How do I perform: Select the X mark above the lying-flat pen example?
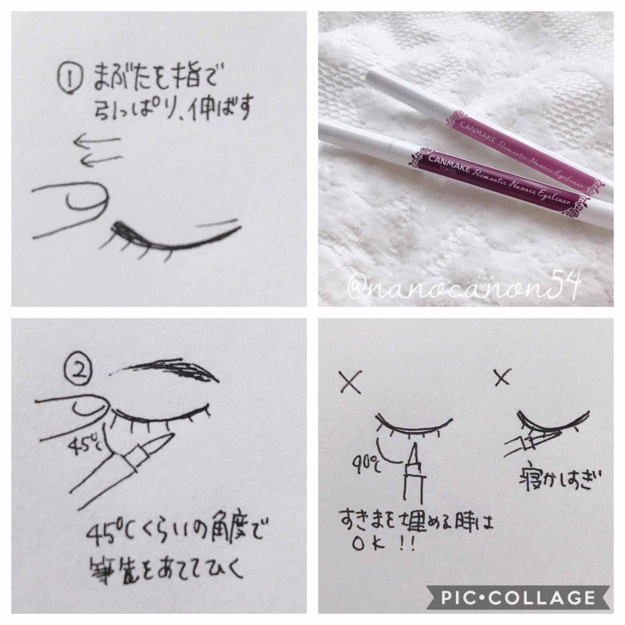click(502, 378)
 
